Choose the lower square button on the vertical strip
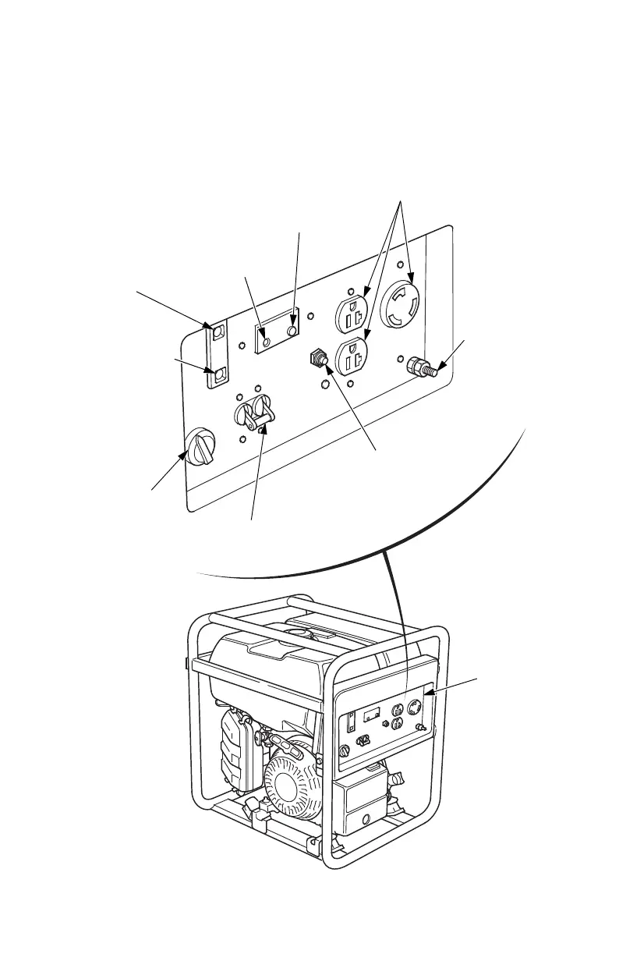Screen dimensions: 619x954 tap(218, 376)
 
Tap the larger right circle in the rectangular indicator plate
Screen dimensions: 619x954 tap(292, 332)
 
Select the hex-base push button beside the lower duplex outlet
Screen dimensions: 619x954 tap(317, 358)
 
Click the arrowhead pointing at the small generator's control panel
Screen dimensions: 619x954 tap(430, 691)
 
